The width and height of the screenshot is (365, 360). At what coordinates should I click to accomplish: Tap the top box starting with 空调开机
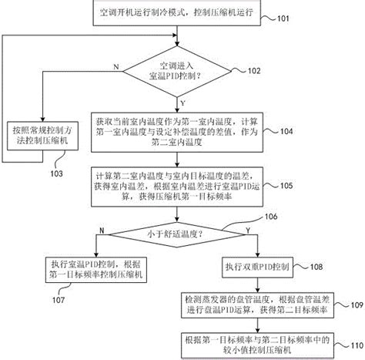pos(182,15)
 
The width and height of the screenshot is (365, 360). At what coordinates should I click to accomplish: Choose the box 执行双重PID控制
pos(253,266)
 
